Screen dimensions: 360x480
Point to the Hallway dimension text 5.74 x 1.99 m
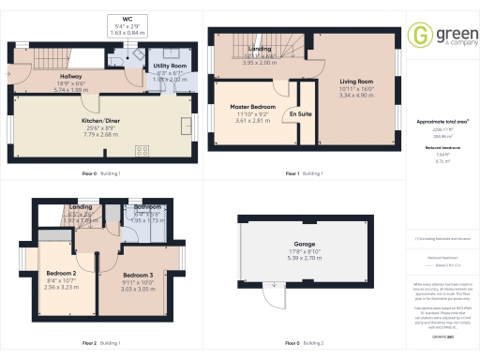coord(70,90)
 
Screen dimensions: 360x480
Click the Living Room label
coord(356,82)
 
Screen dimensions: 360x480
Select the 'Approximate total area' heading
coord(442,121)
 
